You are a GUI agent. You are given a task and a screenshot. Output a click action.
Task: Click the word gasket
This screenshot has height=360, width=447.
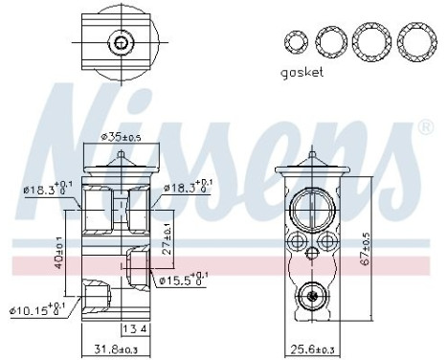click(303, 72)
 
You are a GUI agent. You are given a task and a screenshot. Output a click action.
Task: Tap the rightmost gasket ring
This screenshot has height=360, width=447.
click(413, 41)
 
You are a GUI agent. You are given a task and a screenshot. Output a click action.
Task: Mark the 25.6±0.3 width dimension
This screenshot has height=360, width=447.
click(314, 349)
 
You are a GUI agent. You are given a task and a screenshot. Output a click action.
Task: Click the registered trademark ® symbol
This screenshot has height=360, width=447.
click(426, 125)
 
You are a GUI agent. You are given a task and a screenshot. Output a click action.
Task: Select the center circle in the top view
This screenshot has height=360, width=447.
click(119, 42)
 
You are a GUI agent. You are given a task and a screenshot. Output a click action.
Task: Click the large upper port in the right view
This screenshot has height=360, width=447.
click(313, 208)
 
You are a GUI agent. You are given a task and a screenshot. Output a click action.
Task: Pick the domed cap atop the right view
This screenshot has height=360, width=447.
click(313, 160)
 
